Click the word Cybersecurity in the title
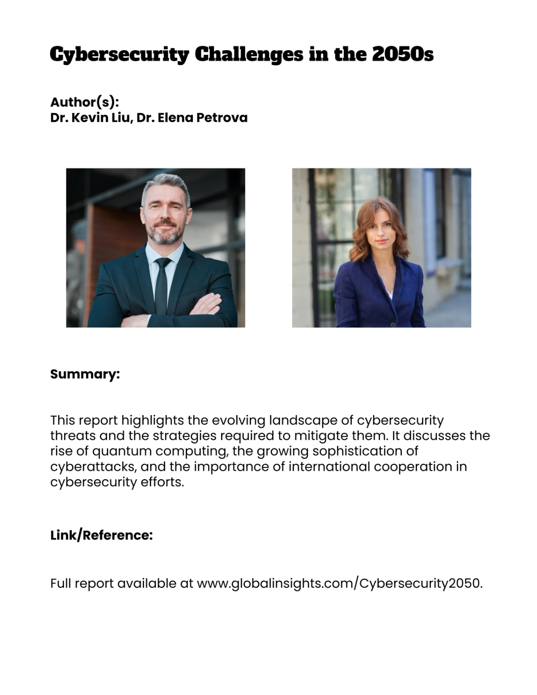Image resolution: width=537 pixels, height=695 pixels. coord(119,55)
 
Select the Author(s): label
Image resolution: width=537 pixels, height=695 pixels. coord(85,102)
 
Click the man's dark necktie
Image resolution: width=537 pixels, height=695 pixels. coord(161,287)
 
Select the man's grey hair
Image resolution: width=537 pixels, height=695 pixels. coord(166,184)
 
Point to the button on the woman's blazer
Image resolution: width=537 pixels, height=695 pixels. coord(393,324)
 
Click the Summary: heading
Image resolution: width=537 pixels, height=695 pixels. coord(85,374)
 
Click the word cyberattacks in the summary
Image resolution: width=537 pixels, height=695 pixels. coord(93,467)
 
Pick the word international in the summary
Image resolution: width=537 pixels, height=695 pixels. coord(329,467)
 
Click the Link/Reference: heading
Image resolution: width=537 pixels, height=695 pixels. coord(102,535)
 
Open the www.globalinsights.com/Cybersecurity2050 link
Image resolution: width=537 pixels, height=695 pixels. coord(339,583)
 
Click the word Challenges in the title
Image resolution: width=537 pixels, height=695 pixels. coord(249,55)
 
